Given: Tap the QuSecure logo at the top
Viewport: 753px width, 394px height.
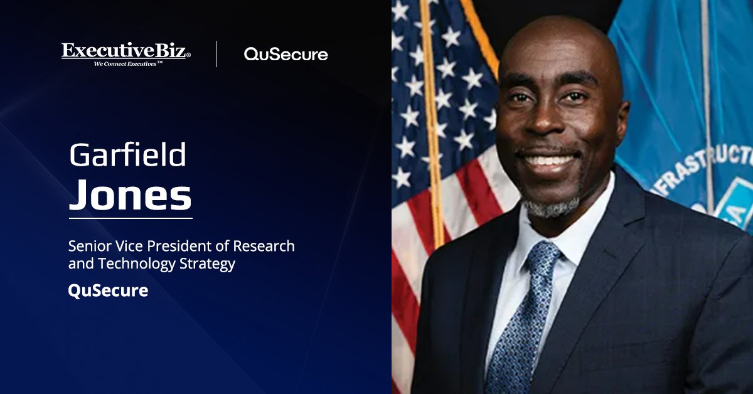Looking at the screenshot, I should [286, 55].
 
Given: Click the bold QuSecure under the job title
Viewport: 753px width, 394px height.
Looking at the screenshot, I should [108, 291].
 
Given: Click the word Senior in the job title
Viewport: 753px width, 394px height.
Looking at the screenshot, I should [88, 246].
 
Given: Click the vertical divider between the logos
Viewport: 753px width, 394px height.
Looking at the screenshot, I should [216, 54].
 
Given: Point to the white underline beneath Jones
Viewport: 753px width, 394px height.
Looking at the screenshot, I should [130, 218].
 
